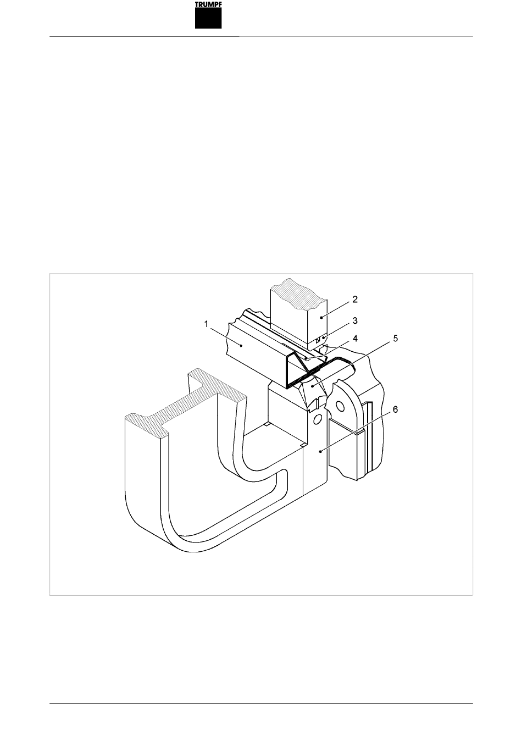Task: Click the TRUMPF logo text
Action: pos(208,4)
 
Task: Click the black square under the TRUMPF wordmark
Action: pos(208,18)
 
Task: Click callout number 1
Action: pos(206,324)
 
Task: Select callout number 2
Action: pos(355,299)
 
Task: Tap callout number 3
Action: pos(355,320)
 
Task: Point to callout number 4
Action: pos(355,338)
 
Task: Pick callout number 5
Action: pos(395,338)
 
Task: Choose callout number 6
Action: pos(395,409)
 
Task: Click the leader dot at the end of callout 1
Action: pos(241,345)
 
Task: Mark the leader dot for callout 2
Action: pos(321,317)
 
